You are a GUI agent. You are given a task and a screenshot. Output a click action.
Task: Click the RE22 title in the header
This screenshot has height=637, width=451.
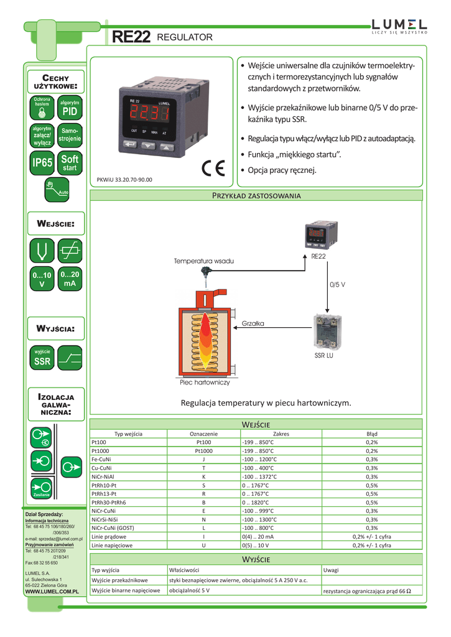(131, 38)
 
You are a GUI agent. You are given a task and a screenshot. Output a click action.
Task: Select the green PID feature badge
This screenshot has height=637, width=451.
(70, 108)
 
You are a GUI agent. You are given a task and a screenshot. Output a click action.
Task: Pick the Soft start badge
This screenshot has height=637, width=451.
(70, 163)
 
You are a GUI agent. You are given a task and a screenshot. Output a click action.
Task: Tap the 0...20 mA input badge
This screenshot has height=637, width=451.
(70, 279)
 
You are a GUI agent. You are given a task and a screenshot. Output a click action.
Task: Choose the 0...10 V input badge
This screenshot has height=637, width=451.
(42, 279)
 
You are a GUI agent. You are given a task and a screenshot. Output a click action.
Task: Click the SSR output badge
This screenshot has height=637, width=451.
(42, 357)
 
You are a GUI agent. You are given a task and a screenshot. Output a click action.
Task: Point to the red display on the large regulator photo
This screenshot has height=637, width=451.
(149, 114)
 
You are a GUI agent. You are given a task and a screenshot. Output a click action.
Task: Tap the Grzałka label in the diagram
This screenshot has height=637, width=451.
(253, 323)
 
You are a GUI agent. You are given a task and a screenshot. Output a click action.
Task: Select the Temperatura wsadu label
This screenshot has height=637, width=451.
(203, 261)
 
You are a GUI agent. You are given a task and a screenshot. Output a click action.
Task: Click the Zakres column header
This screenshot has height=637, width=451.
(281, 434)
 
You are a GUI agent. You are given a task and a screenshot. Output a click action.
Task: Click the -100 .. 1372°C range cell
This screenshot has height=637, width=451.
(260, 477)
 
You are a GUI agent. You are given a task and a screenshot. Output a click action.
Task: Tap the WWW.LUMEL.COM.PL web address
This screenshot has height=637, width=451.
(51, 593)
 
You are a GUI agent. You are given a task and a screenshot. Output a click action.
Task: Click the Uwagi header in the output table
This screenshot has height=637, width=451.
(332, 569)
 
